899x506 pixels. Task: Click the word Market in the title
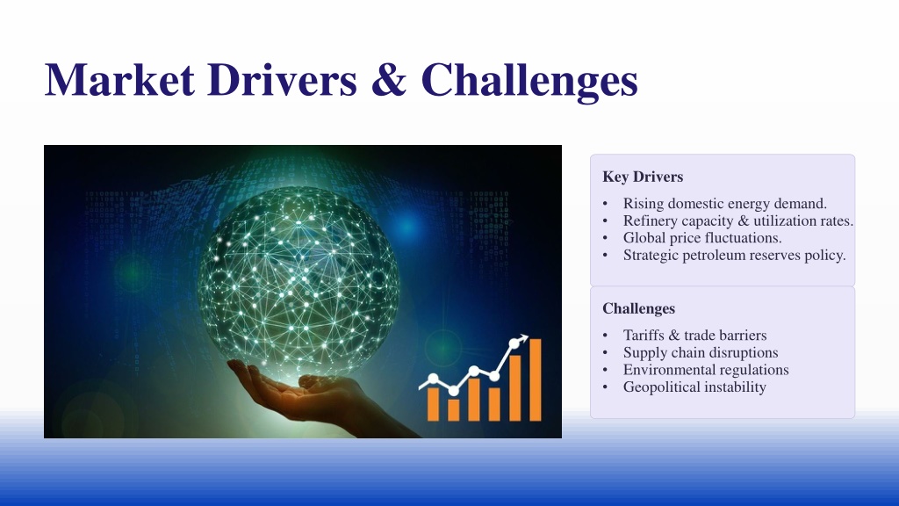click(119, 79)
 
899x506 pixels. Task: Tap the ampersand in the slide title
click(389, 79)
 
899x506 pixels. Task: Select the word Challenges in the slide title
click(529, 82)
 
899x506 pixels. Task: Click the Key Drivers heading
click(643, 177)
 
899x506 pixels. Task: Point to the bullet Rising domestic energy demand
click(724, 204)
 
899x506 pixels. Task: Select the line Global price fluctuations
click(702, 238)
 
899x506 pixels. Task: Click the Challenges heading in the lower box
click(639, 308)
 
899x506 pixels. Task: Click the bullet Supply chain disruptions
click(701, 353)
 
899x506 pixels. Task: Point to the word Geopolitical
click(661, 387)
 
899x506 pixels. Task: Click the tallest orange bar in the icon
click(535, 379)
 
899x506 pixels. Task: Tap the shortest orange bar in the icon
click(454, 409)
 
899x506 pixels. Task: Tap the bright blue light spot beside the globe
click(407, 226)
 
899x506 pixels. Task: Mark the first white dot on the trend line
click(434, 378)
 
